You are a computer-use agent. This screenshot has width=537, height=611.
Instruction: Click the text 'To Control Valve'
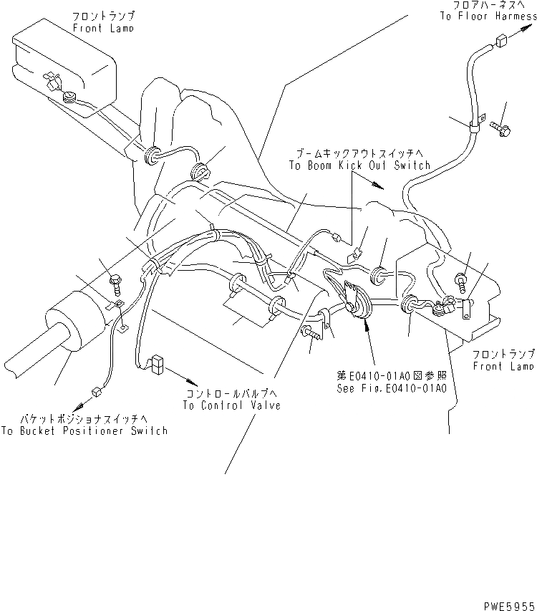(x=231, y=405)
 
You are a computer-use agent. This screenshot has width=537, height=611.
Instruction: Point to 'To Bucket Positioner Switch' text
(x=84, y=430)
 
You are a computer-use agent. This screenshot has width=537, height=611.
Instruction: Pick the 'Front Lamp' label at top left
(x=103, y=28)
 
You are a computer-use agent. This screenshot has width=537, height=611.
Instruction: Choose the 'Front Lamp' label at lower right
(x=503, y=366)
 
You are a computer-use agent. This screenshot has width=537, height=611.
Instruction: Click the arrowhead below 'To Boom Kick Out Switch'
(x=380, y=187)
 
